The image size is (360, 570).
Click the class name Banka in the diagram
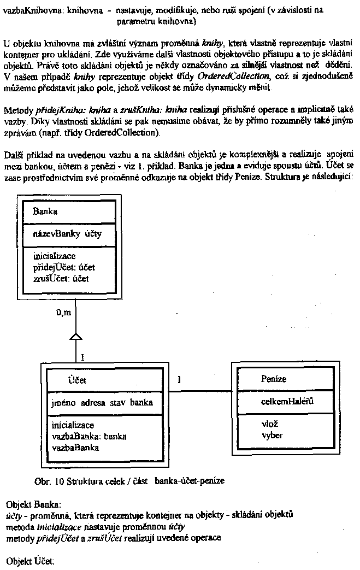pos(45,211)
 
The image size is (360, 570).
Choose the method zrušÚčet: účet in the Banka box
pos(61,278)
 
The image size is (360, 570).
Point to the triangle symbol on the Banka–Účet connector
pos(76,336)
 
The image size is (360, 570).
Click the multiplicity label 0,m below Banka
pos(64,313)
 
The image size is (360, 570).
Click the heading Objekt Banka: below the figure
pos(34,503)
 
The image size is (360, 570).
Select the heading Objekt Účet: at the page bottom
pos(31,561)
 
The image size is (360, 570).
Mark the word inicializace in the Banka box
pos(54,256)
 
